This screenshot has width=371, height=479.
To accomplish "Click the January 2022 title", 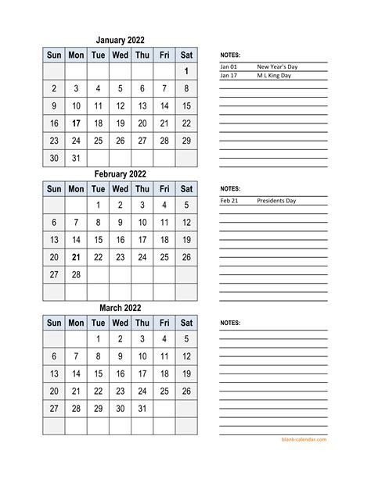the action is [x=120, y=41].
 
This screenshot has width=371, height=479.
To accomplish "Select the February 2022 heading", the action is [x=120, y=173].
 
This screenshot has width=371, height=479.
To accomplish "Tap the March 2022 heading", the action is [x=120, y=307].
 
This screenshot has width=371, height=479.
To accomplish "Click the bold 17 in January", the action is [x=76, y=123].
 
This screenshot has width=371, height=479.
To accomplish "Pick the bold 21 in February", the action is [x=76, y=257].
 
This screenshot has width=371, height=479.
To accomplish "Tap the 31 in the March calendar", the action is [x=142, y=408].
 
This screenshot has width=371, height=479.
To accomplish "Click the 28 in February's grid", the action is [x=76, y=274].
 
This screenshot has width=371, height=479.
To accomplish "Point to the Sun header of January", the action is [x=54, y=55].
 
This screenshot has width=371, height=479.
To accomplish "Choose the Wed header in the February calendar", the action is [x=120, y=188].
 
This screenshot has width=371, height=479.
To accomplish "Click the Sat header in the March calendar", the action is [x=186, y=322].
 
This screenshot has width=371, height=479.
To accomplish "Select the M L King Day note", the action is [x=274, y=76].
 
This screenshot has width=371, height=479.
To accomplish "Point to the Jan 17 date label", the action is [x=229, y=76].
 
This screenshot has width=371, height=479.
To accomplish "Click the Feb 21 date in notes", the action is [x=229, y=201].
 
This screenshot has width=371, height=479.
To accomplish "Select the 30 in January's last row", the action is [x=54, y=158].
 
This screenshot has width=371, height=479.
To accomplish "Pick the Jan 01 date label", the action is [x=229, y=67].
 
